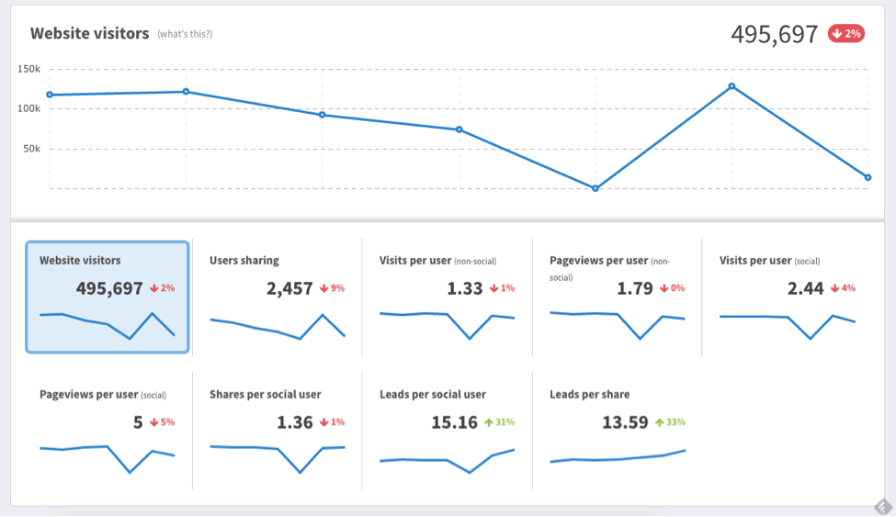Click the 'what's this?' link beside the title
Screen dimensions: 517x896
click(x=185, y=34)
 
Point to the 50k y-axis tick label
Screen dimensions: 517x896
click(x=30, y=149)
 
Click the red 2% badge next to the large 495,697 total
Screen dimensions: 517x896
click(x=846, y=34)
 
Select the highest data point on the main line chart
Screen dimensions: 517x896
click(x=732, y=86)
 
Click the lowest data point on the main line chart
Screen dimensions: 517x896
click(x=595, y=188)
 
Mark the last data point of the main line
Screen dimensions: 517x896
click(x=868, y=177)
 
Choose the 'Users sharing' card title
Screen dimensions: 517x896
click(x=244, y=261)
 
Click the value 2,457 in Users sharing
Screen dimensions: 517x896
click(x=289, y=288)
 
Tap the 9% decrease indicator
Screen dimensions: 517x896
click(x=333, y=288)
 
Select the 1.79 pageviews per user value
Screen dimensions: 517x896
click(x=635, y=288)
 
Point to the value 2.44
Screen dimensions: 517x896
click(x=806, y=288)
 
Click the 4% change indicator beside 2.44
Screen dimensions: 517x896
click(x=843, y=288)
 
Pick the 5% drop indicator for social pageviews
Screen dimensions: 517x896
click(x=163, y=422)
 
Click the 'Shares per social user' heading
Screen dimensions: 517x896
click(x=266, y=395)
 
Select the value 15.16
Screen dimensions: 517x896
click(x=455, y=422)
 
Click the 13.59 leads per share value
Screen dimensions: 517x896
click(x=625, y=422)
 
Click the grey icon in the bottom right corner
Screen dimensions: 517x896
click(x=882, y=506)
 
